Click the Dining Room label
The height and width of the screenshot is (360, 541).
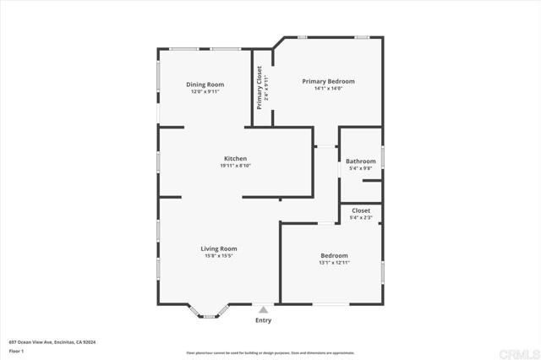[205, 85]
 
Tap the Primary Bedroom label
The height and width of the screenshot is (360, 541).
[328, 81]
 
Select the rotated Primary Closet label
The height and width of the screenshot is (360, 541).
[260, 87]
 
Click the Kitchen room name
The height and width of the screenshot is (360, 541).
[235, 159]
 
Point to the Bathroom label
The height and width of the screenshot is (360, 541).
[360, 161]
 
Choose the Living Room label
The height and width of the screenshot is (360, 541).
[218, 248]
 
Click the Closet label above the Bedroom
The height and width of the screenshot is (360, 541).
[361, 210]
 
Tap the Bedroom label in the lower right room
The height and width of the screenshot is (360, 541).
[334, 255]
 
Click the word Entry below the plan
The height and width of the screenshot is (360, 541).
[264, 320]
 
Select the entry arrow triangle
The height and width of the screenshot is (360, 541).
[264, 310]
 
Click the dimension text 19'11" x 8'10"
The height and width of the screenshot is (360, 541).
[235, 166]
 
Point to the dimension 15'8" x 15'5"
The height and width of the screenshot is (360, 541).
[218, 255]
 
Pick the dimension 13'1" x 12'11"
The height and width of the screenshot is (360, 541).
[334, 262]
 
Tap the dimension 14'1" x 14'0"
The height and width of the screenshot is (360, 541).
[328, 88]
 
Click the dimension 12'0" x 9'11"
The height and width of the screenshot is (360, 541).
[205, 91]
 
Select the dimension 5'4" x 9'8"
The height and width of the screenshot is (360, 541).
[361, 167]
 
